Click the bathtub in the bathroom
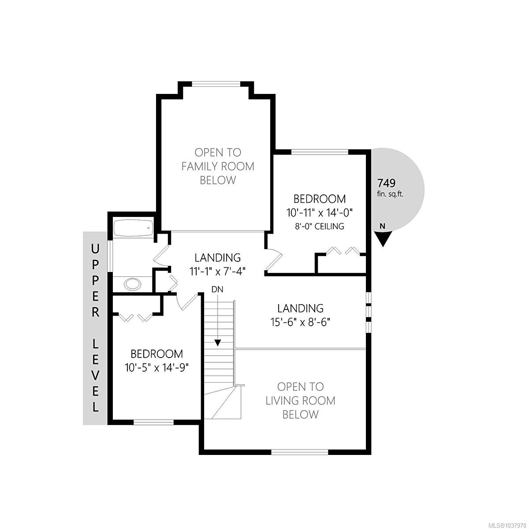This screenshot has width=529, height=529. click(x=134, y=227)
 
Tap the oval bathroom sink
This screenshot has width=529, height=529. click(x=133, y=284)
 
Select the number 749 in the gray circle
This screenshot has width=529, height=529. click(x=387, y=183)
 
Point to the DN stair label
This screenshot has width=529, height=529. click(x=217, y=289)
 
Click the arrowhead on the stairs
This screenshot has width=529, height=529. click(x=218, y=343)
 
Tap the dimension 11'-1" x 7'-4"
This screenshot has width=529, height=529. click(x=217, y=272)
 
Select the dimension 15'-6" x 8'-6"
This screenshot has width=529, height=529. click(x=300, y=322)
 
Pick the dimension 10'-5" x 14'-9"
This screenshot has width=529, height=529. click(x=156, y=368)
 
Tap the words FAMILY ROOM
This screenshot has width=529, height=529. click(x=218, y=166)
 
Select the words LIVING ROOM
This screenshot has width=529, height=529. click(x=300, y=401)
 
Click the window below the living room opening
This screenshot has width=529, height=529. click(x=300, y=451)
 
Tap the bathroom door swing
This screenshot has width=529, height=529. click(x=161, y=256)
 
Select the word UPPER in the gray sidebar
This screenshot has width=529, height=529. click(x=95, y=281)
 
